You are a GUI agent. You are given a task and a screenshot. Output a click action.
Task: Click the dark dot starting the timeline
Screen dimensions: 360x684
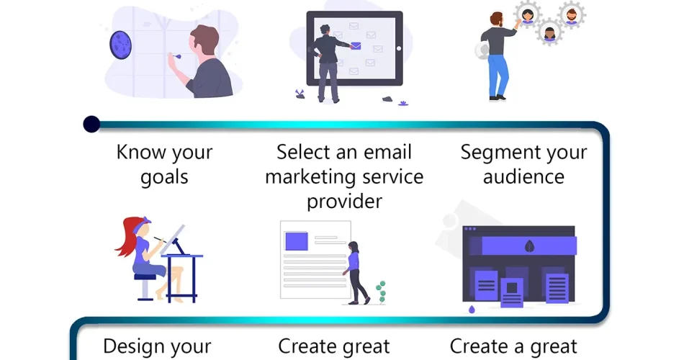coord(91,125)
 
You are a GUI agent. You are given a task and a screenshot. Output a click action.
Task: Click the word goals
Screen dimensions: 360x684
coord(164,177)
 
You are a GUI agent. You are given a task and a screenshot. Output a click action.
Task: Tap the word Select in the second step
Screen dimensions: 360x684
coord(307,152)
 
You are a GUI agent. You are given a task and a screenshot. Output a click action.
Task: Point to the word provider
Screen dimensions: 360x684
coord(344,200)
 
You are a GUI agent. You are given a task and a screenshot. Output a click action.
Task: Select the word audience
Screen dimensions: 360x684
coord(523,176)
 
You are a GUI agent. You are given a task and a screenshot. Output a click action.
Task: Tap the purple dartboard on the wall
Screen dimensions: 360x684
coord(120,45)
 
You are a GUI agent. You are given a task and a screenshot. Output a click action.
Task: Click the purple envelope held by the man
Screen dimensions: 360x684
coord(356,46)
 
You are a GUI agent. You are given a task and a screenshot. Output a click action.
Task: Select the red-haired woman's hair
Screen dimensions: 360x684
coord(128,238)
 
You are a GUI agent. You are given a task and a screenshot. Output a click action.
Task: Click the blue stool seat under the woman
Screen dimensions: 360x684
coord(145,276)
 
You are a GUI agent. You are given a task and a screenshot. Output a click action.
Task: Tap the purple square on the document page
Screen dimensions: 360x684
coord(296,240)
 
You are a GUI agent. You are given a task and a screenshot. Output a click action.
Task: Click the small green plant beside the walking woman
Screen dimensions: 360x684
coord(379,291)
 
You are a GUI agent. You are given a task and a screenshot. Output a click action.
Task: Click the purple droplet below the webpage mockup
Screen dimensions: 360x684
coord(472,310)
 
